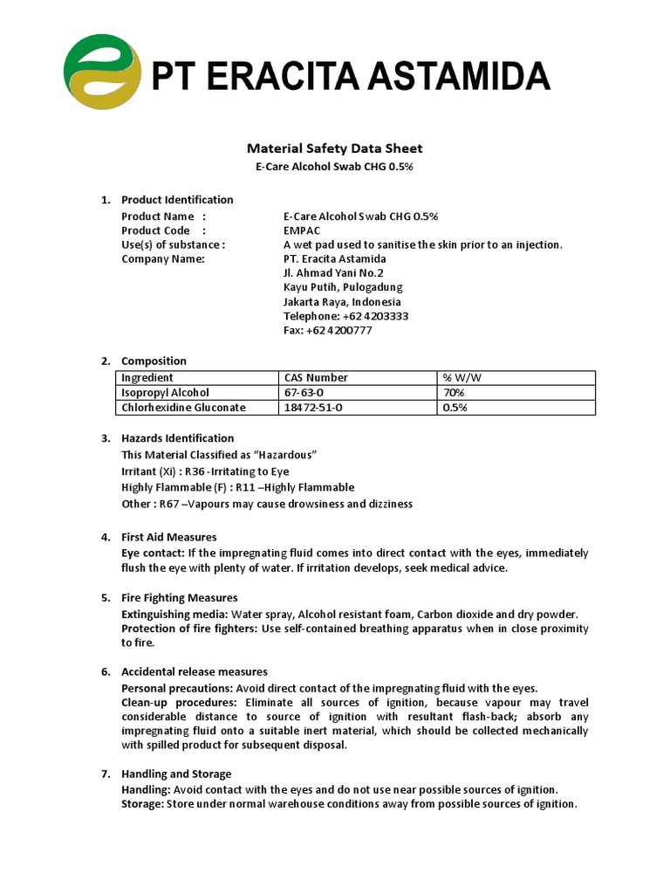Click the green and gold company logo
(101, 72)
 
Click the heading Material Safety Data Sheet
(335, 148)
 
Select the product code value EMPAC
(302, 230)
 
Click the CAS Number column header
(316, 377)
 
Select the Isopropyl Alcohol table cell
(165, 393)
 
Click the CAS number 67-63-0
(304, 393)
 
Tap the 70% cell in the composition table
(454, 393)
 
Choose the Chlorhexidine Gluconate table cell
(183, 408)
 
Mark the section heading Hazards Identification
(177, 438)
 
